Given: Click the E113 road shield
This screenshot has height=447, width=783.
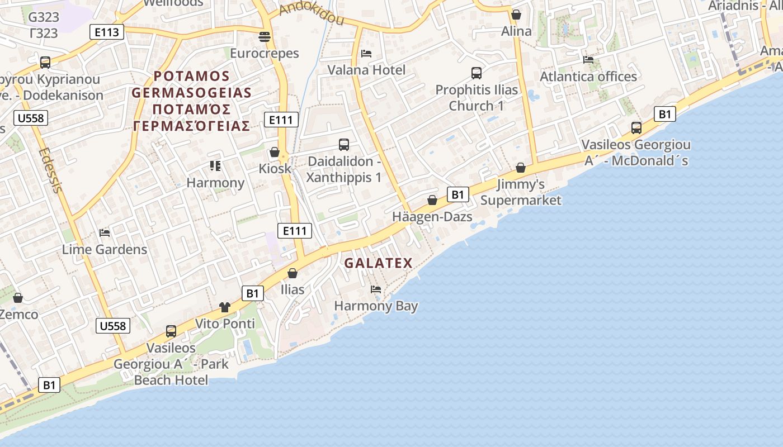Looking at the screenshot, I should coord(107,32).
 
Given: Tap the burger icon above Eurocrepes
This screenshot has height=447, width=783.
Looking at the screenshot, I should coord(265,37).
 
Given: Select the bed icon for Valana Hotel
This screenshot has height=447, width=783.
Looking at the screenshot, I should coord(366,54).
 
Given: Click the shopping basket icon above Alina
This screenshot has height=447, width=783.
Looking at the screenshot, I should coord(516,15).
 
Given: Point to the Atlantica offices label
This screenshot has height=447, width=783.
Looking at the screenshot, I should coord(588,77).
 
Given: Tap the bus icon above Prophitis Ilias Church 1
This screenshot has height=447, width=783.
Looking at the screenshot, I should coord(477,73).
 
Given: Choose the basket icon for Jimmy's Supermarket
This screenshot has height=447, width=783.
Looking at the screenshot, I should coord(521,168).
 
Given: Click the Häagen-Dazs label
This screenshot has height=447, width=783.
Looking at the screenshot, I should coord(432,217).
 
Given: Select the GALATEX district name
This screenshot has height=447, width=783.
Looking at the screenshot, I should coord(378,263).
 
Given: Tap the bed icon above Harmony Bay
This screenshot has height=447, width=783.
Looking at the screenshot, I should coord(376,289).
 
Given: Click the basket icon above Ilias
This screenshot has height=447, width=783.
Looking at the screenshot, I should coord(293,273).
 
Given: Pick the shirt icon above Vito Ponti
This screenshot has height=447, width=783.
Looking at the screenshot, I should coord(225,307).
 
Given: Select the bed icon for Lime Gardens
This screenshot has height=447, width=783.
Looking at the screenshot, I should coord(105,232).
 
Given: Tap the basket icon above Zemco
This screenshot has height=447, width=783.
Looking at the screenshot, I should coord(18,298).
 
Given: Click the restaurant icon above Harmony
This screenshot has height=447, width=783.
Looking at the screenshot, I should coord(215,166).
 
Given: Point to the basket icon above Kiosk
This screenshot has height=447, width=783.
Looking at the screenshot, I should coord(275,152).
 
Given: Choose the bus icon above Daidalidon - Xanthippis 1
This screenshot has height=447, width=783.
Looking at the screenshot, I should coord(344,145).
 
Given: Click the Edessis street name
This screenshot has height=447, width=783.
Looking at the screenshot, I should coord(51,170).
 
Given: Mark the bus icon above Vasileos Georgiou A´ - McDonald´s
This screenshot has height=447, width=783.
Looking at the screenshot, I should coord(636,128).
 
